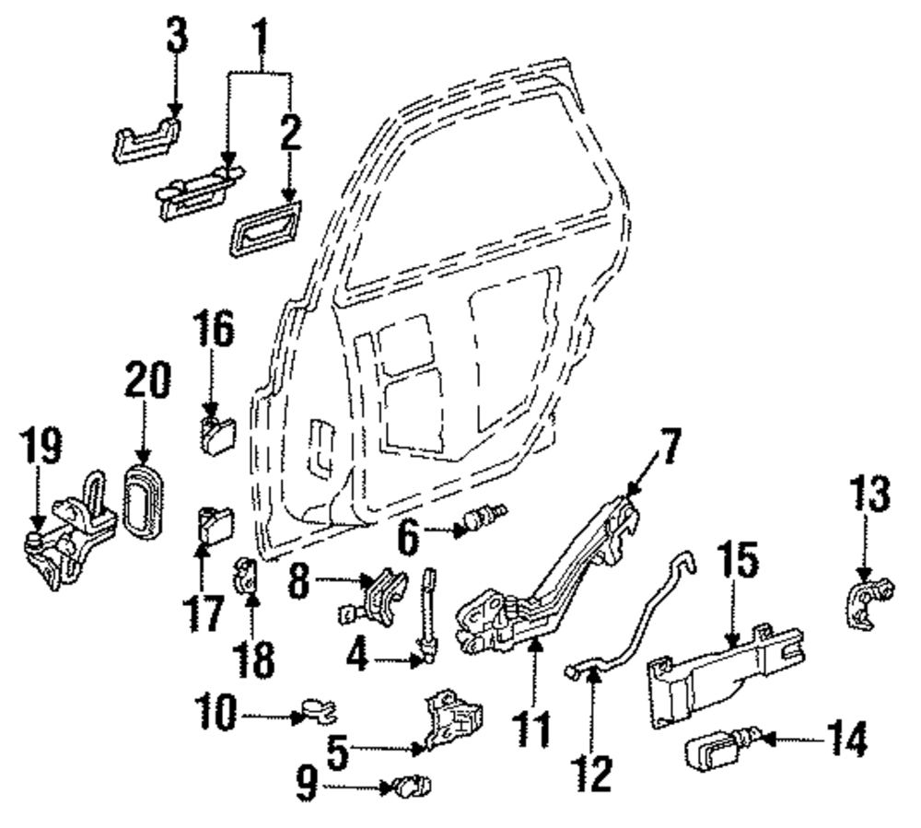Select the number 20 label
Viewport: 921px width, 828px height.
[147, 380]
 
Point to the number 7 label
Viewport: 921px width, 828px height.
[670, 447]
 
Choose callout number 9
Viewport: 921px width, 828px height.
[306, 786]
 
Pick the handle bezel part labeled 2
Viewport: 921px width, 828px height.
[265, 227]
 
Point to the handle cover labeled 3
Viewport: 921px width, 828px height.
[146, 140]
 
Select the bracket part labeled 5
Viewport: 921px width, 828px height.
[453, 720]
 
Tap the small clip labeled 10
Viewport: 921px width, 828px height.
[318, 709]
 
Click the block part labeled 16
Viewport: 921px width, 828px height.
[216, 435]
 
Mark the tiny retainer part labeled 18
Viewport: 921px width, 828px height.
[247, 576]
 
